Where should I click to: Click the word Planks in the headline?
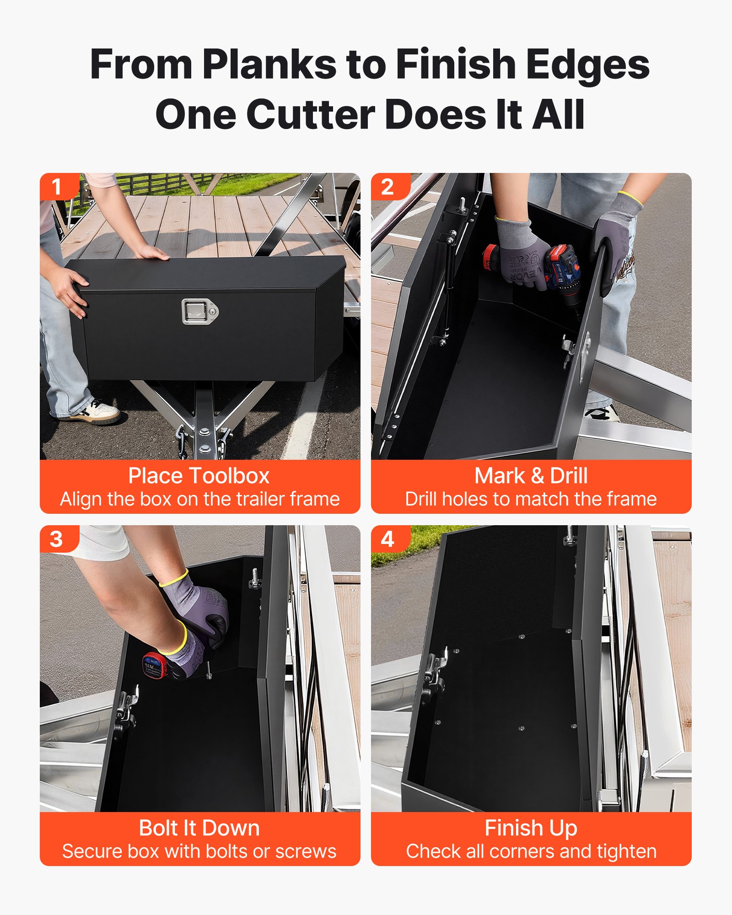point(269,65)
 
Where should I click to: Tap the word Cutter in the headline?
point(311,115)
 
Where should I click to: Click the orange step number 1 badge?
point(57,187)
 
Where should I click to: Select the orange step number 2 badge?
point(388,187)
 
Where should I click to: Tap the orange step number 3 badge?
point(57,539)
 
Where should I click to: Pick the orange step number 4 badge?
point(388,539)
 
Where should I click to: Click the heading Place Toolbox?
point(199,476)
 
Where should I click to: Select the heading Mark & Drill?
point(531,476)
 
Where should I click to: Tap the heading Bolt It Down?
point(199,828)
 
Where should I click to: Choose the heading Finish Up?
point(531,828)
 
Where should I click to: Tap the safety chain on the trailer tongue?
point(182,441)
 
